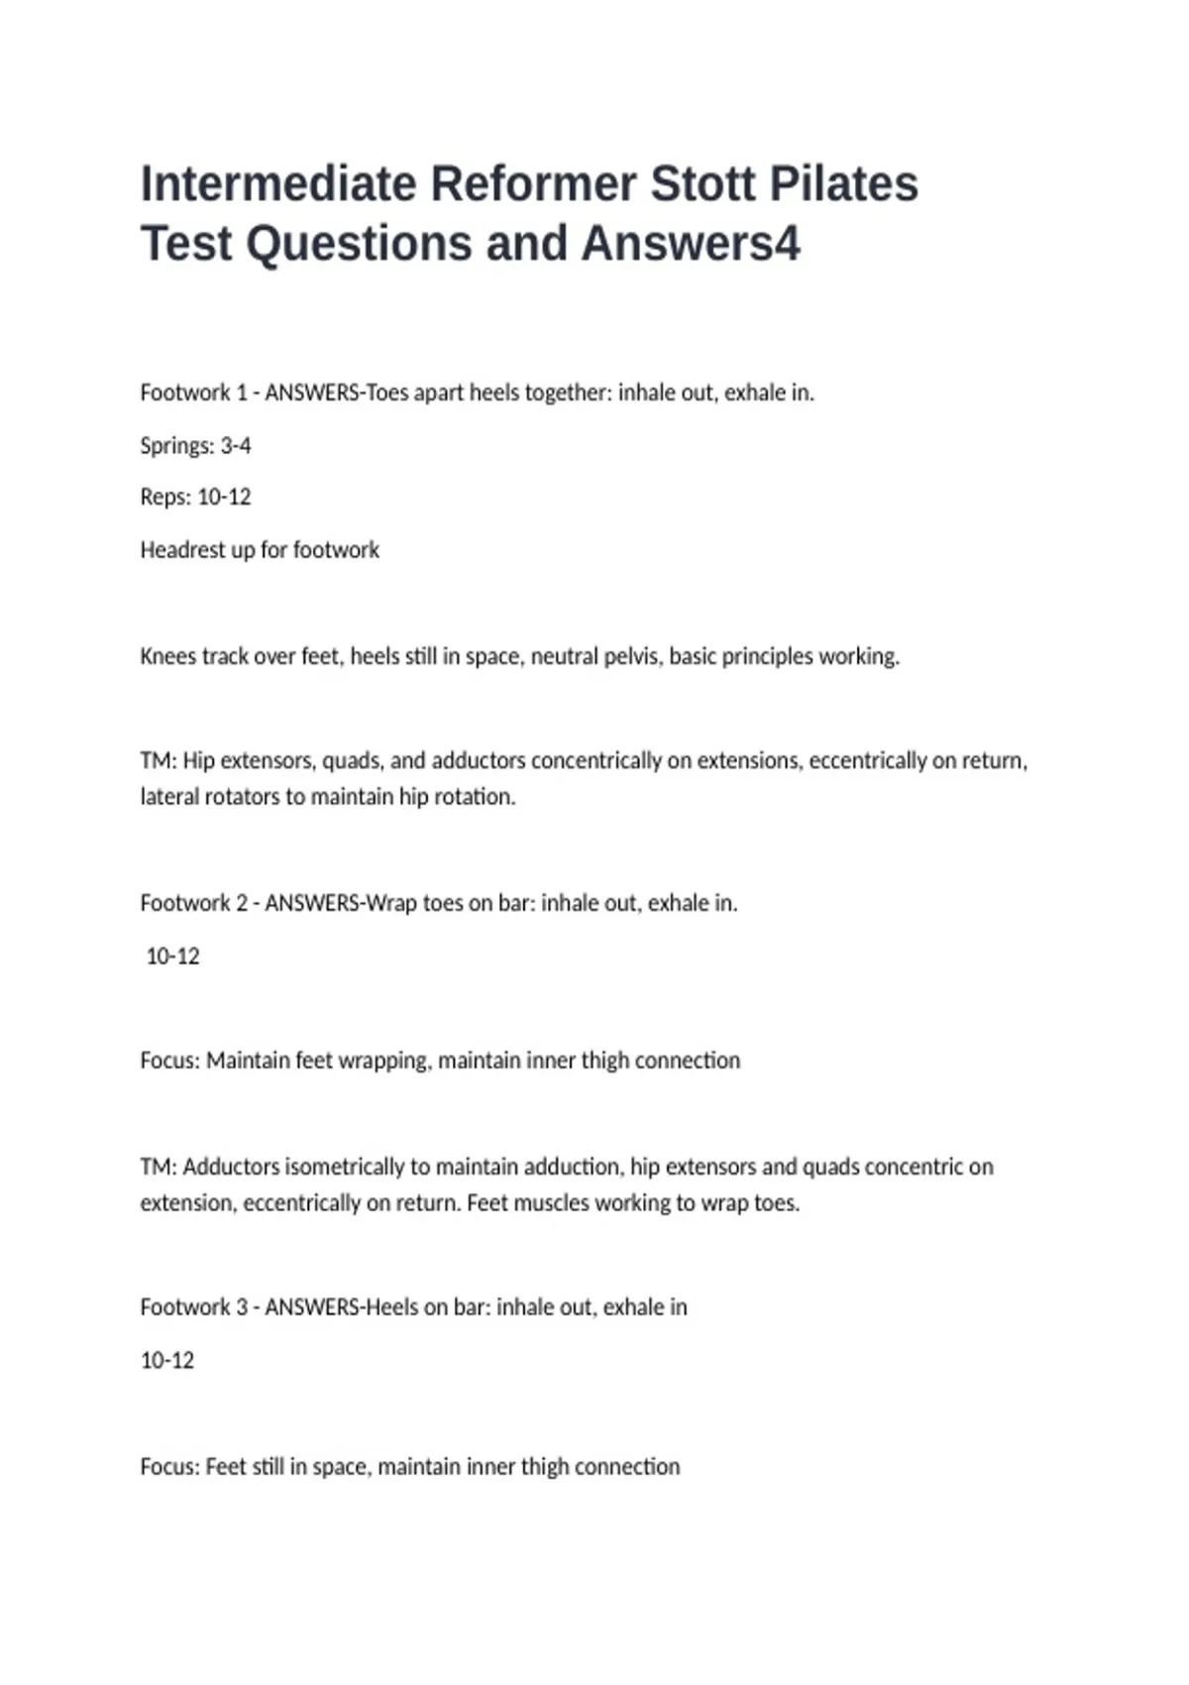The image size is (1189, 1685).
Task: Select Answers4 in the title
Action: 691,244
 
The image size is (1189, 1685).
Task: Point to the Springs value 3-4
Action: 236,446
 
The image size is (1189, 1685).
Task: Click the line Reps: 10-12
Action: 195,497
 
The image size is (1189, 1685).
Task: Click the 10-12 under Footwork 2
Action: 172,956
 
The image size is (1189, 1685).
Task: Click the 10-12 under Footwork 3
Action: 167,1361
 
